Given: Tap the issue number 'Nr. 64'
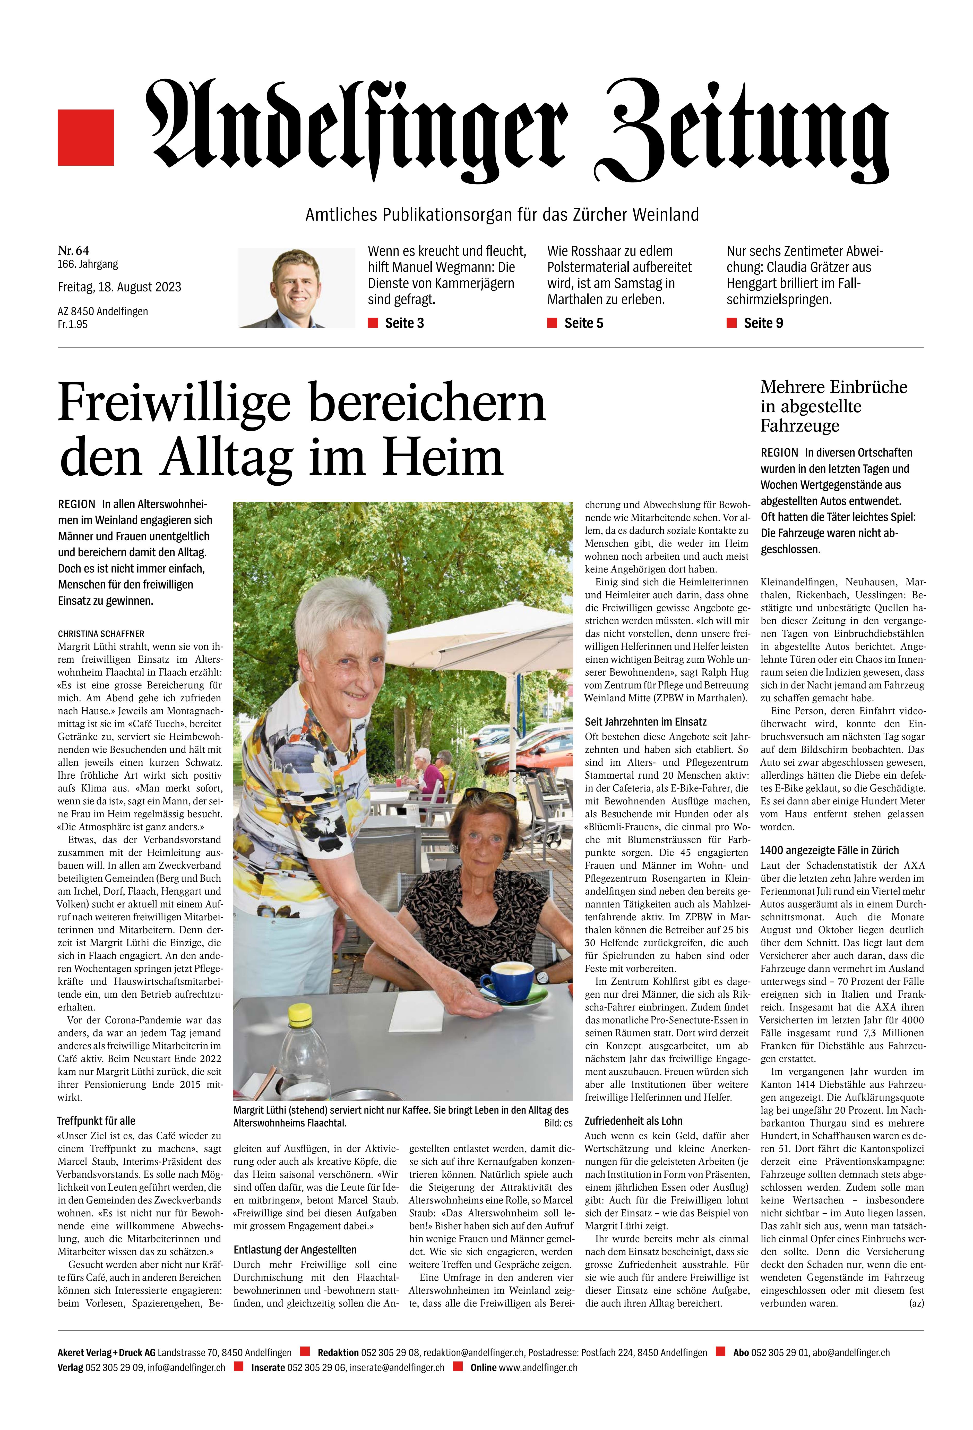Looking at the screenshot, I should pos(73,250).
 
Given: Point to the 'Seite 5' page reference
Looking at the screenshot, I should pos(583,323).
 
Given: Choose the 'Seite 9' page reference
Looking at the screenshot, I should pos(763,323).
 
